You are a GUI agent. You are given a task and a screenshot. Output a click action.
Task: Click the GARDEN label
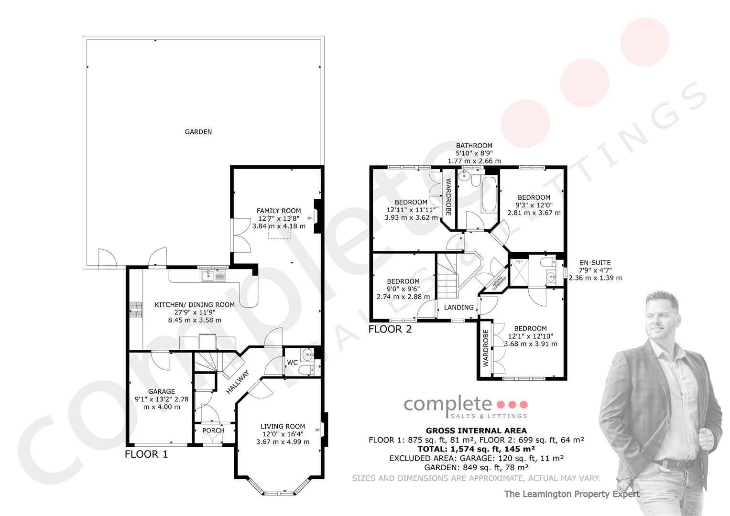(x=198, y=132)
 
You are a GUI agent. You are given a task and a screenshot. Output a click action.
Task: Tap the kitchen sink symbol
(x=214, y=276)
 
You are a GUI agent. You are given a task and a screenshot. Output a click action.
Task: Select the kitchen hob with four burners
(x=136, y=310)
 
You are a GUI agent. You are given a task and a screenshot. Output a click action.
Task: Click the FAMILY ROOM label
(x=279, y=211)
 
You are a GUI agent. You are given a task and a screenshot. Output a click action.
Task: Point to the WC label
(x=292, y=363)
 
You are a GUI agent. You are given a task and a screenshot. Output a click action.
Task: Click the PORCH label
(x=214, y=430)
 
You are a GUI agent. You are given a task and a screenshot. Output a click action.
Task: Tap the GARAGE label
(x=162, y=392)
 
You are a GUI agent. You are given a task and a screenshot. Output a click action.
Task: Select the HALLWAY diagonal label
(x=238, y=382)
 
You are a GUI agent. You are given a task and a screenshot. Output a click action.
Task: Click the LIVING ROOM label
(x=283, y=426)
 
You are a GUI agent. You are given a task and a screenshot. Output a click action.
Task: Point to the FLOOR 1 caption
(x=146, y=454)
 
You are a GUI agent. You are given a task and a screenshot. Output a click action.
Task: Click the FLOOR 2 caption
(x=390, y=329)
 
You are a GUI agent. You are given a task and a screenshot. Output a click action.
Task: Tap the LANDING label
(x=459, y=307)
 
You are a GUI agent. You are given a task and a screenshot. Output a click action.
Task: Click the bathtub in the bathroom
(x=490, y=194)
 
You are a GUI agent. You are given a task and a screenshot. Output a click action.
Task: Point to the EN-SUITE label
(x=595, y=263)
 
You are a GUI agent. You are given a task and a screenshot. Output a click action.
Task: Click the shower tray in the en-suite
(x=519, y=272)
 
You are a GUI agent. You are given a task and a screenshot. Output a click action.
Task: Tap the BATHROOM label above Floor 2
(x=474, y=146)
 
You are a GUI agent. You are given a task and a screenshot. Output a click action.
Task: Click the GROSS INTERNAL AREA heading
(x=476, y=430)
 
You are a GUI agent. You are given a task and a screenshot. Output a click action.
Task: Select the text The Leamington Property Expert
(x=572, y=494)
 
